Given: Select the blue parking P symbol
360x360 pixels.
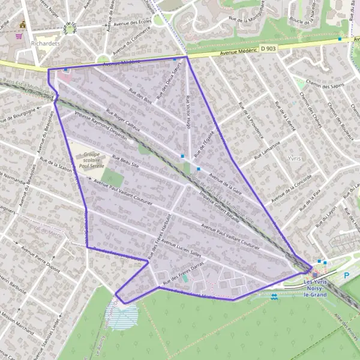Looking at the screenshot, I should pos(346,275).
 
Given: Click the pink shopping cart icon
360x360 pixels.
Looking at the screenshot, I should pos(19,35).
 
